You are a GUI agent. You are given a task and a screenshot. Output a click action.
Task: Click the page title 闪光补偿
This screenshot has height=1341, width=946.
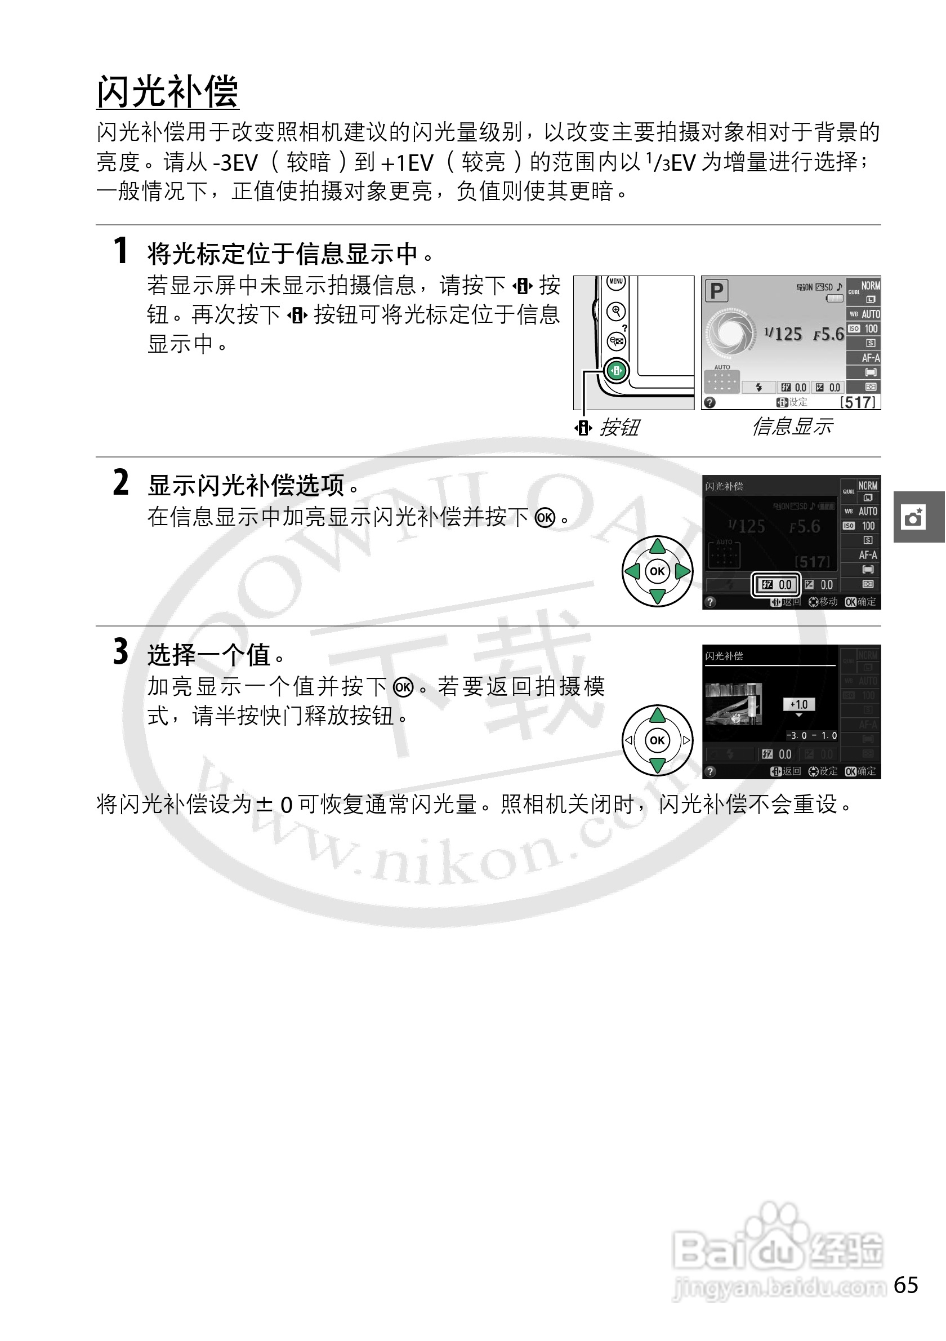[167, 92]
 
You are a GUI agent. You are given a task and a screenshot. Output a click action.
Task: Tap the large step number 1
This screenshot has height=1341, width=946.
[120, 251]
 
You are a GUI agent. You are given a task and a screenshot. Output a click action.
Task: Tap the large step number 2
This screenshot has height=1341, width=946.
[120, 483]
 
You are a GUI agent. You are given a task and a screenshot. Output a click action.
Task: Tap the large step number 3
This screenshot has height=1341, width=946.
[120, 652]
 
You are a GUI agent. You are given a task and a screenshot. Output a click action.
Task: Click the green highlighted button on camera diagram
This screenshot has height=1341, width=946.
[617, 370]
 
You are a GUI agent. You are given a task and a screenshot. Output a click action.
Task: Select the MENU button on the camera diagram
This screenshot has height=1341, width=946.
[615, 282]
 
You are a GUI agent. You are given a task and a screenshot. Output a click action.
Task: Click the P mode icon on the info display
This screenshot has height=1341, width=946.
[717, 290]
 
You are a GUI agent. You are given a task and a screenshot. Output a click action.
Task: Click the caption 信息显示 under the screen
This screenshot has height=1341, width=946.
[791, 427]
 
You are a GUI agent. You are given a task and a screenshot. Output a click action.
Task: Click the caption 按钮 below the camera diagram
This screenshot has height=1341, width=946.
[619, 428]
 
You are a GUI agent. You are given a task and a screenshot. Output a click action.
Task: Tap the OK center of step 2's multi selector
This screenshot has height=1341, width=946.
[657, 571]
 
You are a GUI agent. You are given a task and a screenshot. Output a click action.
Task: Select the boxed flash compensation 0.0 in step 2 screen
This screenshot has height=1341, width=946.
[776, 585]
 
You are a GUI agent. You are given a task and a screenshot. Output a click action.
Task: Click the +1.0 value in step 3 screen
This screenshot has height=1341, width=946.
[798, 704]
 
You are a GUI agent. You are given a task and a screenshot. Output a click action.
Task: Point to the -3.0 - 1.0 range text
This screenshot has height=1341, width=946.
[811, 735]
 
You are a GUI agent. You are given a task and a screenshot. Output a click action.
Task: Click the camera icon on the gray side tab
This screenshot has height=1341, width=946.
[913, 517]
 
